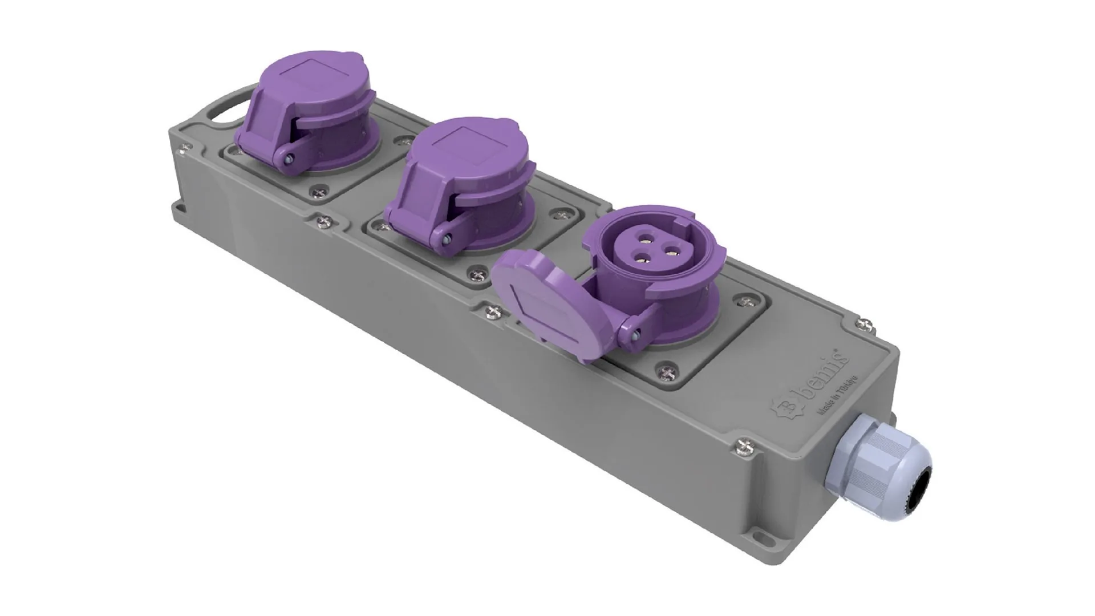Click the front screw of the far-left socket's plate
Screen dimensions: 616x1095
coord(315,193)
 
